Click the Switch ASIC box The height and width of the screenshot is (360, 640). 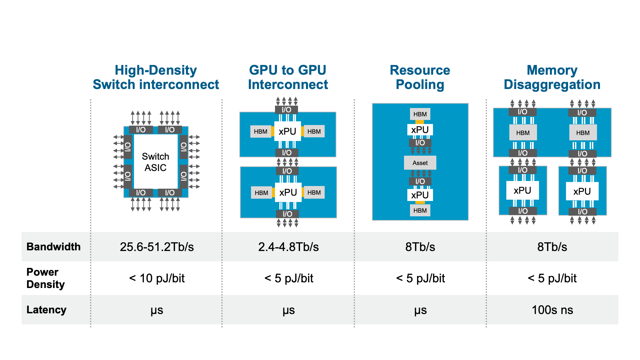coord(155,162)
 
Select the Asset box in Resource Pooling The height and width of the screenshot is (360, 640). coord(420,163)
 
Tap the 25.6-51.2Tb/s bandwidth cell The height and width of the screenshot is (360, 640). coord(157,247)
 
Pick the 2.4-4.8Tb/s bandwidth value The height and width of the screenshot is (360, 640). coord(288,247)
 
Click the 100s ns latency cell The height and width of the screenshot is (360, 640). coord(552,310)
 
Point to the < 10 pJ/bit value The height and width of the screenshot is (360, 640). coord(157,278)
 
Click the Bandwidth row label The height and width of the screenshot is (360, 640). coord(53,247)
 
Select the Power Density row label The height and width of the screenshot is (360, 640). coord(45,278)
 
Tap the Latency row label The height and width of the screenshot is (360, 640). coord(46,310)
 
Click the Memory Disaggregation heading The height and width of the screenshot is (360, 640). coord(552,77)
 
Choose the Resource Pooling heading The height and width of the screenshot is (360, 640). coord(420,77)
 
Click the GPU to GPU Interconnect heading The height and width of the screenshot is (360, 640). coord(288,77)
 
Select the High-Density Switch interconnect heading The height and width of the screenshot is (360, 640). coord(156,77)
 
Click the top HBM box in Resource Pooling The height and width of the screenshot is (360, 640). coord(420,114)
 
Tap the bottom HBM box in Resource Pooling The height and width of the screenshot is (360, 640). coord(420,210)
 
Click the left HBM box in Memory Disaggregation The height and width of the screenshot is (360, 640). coord(523,133)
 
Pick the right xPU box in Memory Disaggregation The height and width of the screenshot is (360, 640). coord(582,191)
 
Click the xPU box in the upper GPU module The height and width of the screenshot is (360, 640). coord(287,131)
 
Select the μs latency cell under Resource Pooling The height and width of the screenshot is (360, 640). coord(420,310)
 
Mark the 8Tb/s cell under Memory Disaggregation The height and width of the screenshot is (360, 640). coord(552,247)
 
